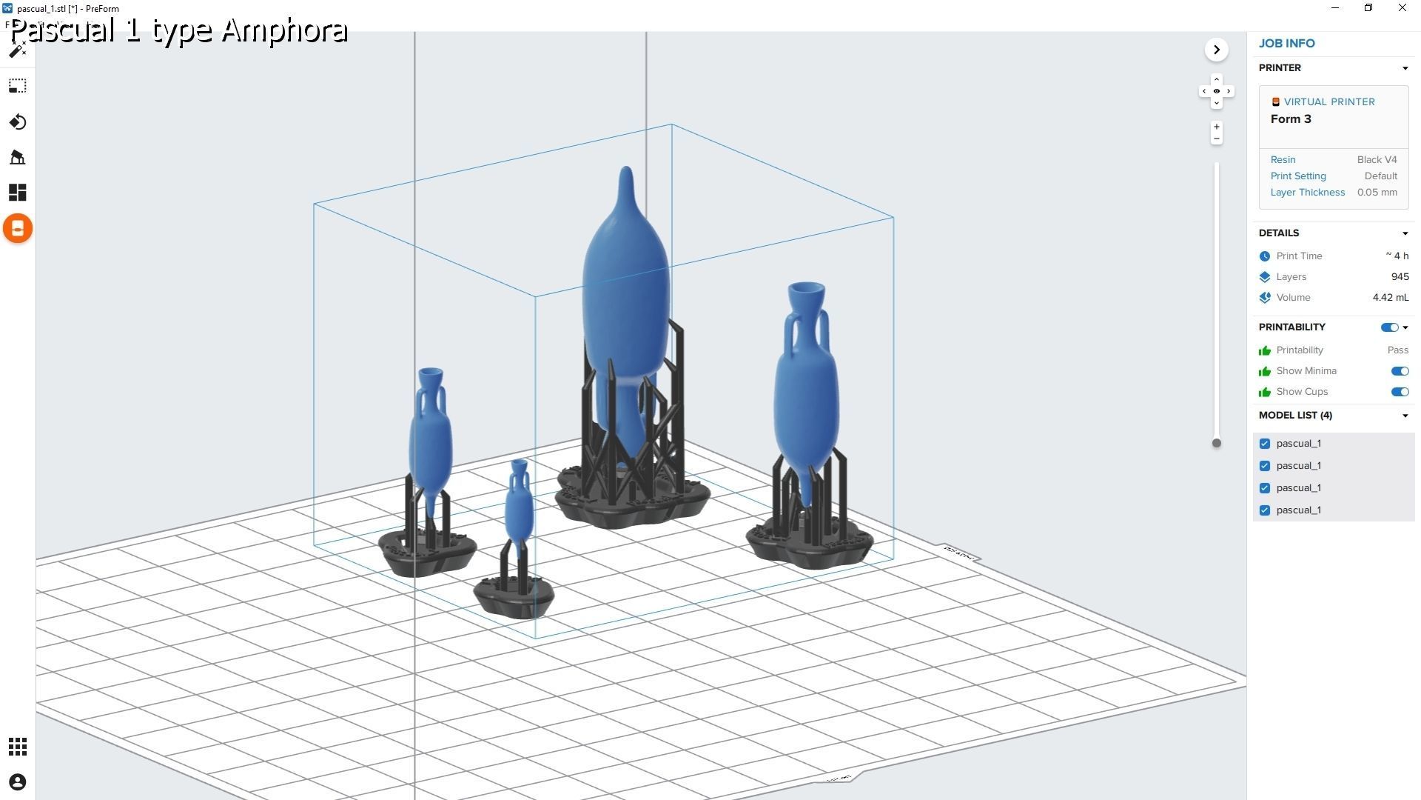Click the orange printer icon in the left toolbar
pos(18,228)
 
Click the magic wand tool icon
pos(18,50)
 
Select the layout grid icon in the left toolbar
pos(18,193)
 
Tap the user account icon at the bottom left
pos(18,782)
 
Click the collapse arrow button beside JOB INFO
pos(1216,50)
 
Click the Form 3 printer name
pos(1291,119)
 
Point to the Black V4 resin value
pos(1377,160)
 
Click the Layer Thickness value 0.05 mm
pos(1377,193)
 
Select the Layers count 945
pos(1400,277)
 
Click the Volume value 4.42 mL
pos(1390,298)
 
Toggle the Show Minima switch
pos(1399,371)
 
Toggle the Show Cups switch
pos(1399,392)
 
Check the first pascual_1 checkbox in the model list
pos(1265,444)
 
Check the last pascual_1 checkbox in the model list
pos(1265,510)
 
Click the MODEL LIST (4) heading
pos(1295,416)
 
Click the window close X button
pos(1402,8)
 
